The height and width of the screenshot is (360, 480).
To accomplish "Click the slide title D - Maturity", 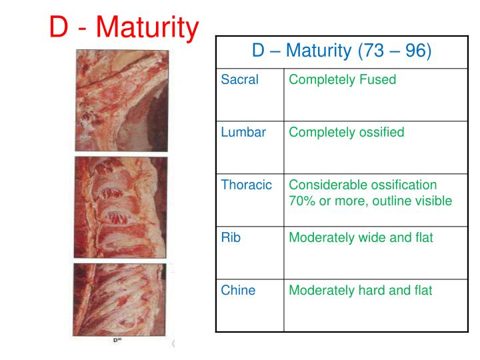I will pyautogui.click(x=125, y=28).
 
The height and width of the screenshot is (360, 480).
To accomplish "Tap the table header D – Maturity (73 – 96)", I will pyautogui.click(x=341, y=50).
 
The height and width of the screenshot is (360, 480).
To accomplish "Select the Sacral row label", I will pyautogui.click(x=239, y=80).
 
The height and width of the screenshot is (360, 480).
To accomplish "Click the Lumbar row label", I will pyautogui.click(x=243, y=132).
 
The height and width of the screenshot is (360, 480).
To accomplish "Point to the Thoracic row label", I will pyautogui.click(x=247, y=185).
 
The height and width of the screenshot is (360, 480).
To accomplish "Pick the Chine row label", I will pyautogui.click(x=238, y=290).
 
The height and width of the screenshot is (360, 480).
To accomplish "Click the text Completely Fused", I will pyautogui.click(x=342, y=80).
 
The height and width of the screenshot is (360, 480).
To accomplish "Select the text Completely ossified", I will pyautogui.click(x=346, y=132).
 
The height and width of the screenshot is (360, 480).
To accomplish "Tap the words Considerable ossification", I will pyautogui.click(x=363, y=185).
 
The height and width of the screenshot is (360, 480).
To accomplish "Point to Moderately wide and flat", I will pyautogui.click(x=361, y=237).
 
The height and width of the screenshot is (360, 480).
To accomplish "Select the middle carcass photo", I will pyautogui.click(x=121, y=207).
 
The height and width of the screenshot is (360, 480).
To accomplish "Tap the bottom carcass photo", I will pyautogui.click(x=121, y=301).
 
